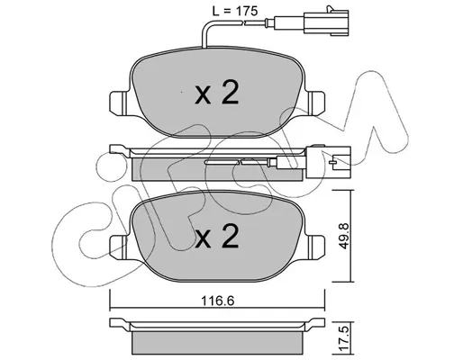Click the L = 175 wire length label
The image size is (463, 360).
tap(235, 12)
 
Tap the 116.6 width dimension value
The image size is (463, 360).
tap(218, 301)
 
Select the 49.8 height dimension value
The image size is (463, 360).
tap(344, 236)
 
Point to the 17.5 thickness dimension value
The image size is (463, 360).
tap(344, 339)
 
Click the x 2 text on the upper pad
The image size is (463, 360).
tap(217, 93)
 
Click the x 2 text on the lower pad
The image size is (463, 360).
tap(217, 237)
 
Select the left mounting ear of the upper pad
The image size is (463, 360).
tap(119, 103)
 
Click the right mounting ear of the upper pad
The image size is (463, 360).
tap(315, 103)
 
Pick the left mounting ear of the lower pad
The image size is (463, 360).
tap(119, 247)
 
